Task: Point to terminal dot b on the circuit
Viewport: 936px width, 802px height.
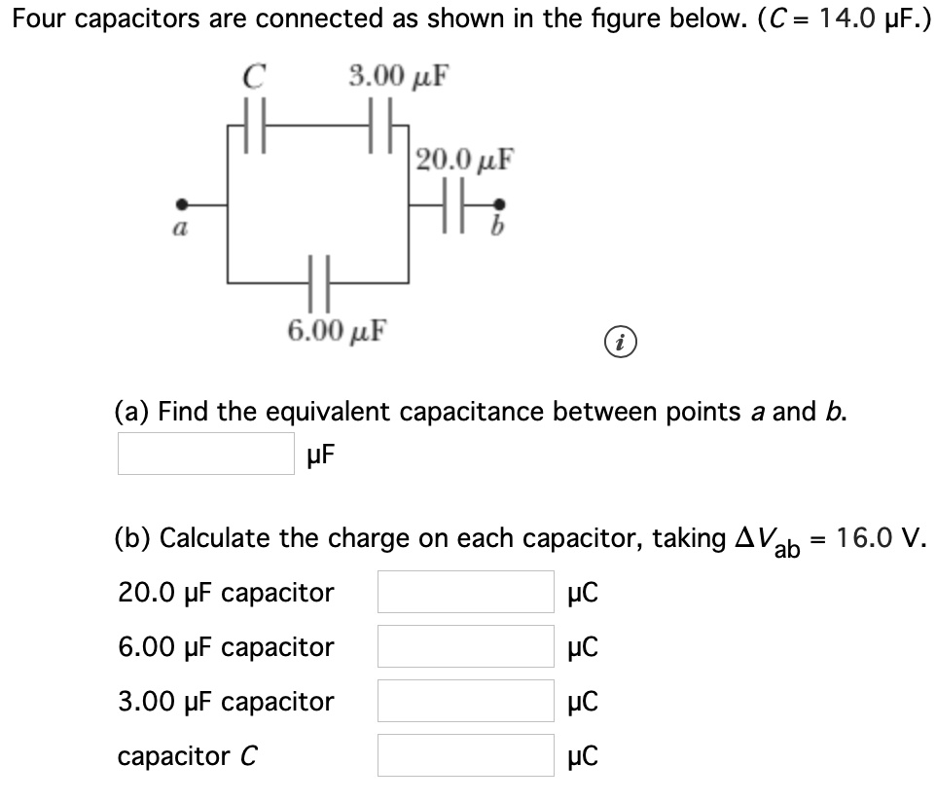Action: (500, 204)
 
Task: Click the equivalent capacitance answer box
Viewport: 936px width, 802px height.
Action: (205, 454)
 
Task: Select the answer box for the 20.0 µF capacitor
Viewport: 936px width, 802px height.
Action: (465, 592)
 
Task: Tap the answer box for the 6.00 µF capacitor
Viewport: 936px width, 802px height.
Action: (465, 646)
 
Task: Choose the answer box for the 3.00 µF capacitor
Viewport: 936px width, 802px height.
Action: (465, 701)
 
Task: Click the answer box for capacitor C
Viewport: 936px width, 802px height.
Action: (465, 755)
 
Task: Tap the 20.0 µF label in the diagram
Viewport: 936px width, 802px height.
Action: (464, 158)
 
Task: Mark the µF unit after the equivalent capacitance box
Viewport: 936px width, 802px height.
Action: (322, 455)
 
